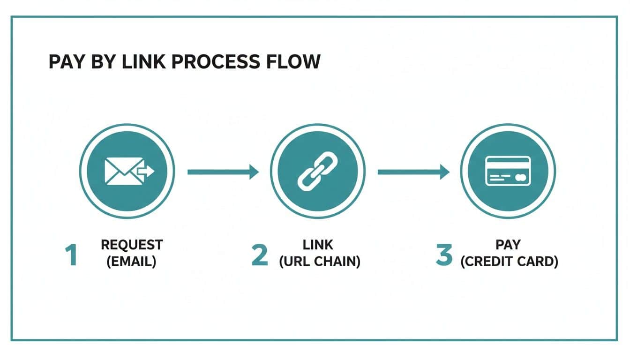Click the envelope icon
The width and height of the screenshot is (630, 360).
(120, 172)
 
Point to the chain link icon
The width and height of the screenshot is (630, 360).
(317, 172)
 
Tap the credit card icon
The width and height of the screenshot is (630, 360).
(508, 172)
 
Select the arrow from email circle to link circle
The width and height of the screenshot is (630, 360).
(223, 172)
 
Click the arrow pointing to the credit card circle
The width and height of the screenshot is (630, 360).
(413, 172)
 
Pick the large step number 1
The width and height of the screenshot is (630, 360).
(71, 255)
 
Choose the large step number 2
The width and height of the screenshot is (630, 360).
(260, 255)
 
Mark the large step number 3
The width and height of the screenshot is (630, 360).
(443, 255)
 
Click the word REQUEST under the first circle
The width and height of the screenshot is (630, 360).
(132, 245)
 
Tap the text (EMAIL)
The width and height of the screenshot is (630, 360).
(132, 262)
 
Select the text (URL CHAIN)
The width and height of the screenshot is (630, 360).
(320, 262)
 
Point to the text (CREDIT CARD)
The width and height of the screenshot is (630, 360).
(509, 262)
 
